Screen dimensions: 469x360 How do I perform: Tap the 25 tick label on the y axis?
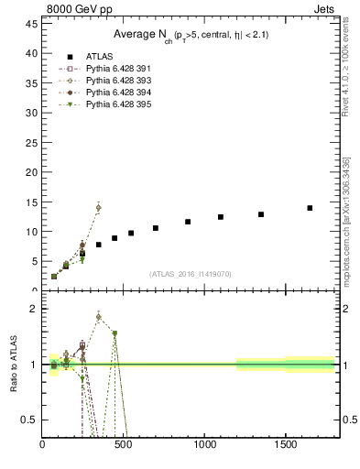[31, 143]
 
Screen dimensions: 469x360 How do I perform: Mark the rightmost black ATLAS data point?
[310, 208]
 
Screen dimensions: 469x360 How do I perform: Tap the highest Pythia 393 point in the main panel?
[98, 208]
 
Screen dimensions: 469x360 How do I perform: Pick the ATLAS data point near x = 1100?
[221, 217]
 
